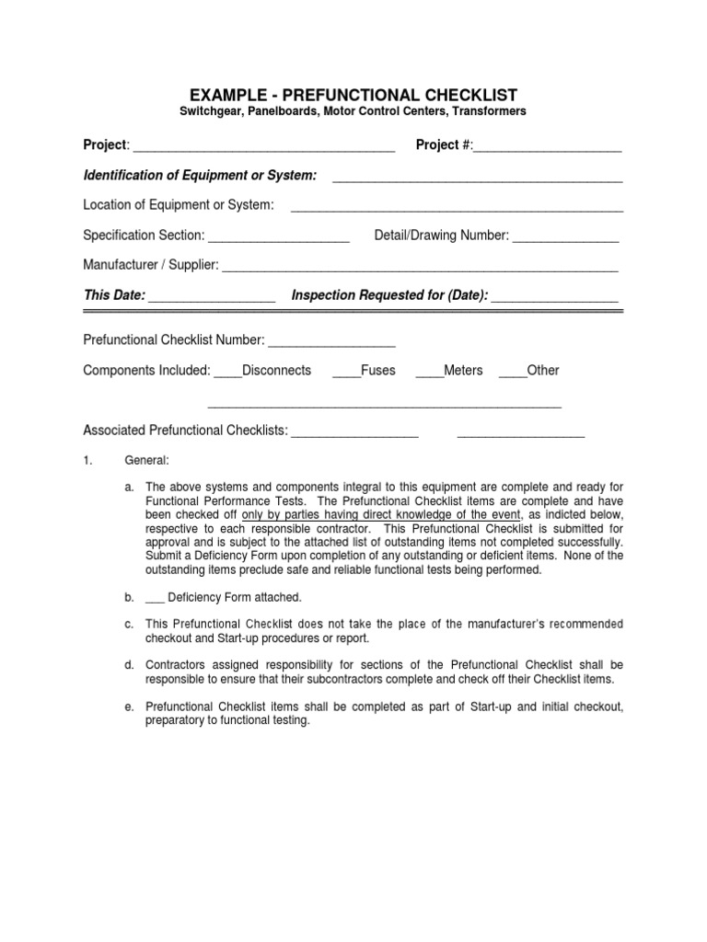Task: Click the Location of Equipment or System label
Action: point(179,204)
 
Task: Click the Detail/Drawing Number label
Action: point(442,235)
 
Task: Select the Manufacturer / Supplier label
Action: point(151,265)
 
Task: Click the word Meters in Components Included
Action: point(463,370)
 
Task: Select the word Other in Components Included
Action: point(543,370)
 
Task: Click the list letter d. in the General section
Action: point(130,664)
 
